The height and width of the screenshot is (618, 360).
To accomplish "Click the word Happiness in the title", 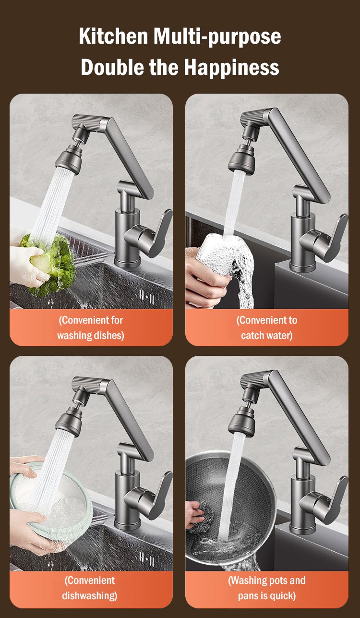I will (x=231, y=67).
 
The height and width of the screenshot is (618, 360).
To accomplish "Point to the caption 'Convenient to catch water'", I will (x=266, y=327).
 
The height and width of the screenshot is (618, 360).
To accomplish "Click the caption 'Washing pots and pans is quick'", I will (x=266, y=588).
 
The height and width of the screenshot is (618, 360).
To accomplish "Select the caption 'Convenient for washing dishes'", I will (x=91, y=327).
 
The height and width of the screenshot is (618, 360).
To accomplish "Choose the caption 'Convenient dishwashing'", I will (x=91, y=588).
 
